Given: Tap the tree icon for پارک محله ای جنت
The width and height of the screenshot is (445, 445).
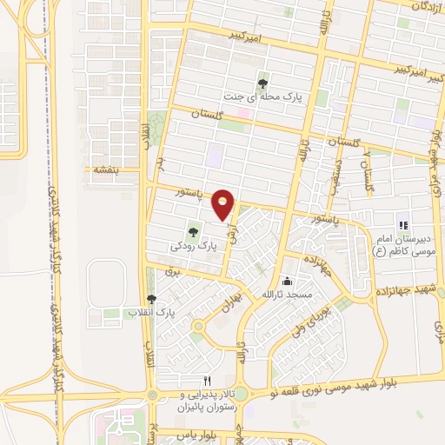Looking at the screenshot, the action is [262, 83].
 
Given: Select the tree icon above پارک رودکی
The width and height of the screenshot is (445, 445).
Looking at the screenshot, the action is [193, 231].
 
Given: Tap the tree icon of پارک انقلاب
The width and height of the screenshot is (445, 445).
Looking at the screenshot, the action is [152, 299].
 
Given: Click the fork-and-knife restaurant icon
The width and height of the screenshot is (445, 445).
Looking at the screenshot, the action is [207, 381].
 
